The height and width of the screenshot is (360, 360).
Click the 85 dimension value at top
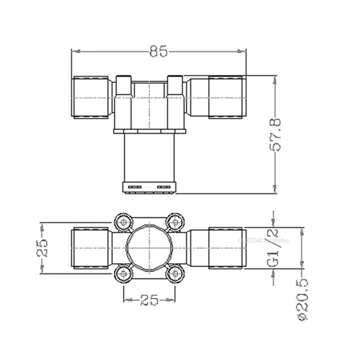coord(158,52)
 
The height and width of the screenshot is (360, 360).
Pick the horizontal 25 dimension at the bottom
coord(149,300)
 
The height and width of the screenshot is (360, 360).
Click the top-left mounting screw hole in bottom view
coord(124,222)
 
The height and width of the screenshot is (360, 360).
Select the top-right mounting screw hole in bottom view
coord(175,222)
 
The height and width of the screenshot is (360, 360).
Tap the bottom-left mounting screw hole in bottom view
coord(124,273)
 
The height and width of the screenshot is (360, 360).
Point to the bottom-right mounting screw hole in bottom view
coord(175,273)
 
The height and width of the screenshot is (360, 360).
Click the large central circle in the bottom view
coord(149,247)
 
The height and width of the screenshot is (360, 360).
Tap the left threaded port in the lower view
coord(91,248)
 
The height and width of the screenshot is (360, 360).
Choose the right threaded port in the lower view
coord(226,248)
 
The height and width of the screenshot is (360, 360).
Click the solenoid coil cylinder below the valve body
coord(149,157)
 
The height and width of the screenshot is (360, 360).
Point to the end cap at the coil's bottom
coord(149,187)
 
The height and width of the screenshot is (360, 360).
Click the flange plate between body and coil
coord(149,131)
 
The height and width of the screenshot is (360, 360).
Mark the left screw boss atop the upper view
coord(124,85)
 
